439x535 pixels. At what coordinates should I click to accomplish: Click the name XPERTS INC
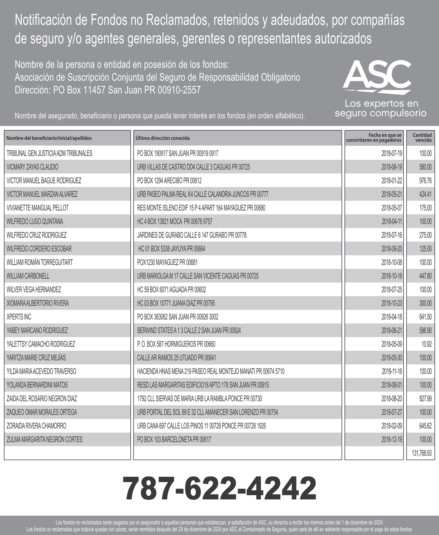(x=19, y=317)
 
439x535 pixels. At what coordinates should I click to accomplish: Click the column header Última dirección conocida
(x=163, y=138)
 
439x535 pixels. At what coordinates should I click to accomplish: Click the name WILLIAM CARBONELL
(x=28, y=276)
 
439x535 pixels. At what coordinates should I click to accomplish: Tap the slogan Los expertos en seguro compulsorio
(x=381, y=108)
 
